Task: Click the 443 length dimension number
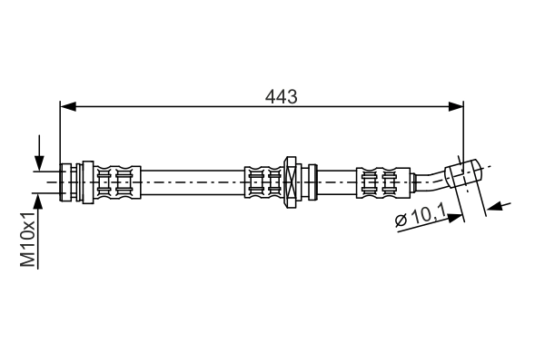[282, 94]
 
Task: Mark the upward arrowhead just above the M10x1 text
[39, 199]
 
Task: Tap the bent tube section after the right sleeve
[428, 178]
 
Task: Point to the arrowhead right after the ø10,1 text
[455, 215]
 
